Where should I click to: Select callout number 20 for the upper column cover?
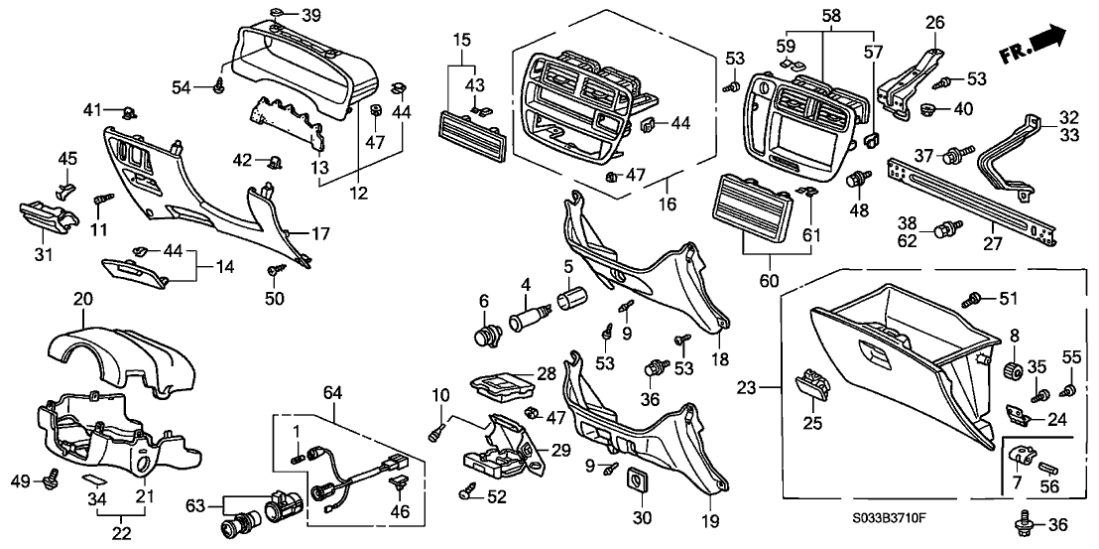click(x=82, y=297)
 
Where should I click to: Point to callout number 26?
click(x=935, y=22)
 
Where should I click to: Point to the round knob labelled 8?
click(x=1014, y=371)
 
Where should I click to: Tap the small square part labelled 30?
click(x=635, y=483)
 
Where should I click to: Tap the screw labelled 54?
click(x=217, y=87)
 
